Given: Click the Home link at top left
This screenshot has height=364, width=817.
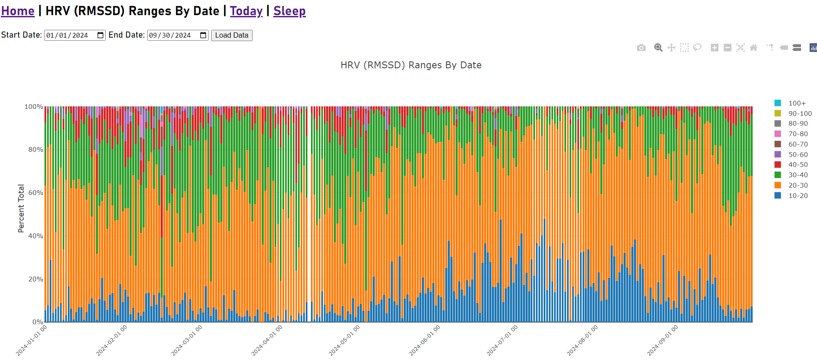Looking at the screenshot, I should click(18, 11).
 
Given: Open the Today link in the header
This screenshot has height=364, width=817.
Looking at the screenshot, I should click(246, 11).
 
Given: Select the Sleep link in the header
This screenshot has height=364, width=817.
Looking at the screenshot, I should click(289, 11).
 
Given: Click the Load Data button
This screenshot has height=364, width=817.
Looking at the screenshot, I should click(231, 35).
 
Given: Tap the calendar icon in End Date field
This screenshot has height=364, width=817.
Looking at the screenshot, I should click(203, 35).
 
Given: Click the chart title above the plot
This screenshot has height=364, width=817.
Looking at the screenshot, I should click(411, 65).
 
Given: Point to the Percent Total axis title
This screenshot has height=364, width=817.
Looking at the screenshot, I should click(21, 208).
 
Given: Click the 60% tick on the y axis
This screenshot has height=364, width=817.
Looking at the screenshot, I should click(36, 193).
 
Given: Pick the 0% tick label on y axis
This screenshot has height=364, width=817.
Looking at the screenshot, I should click(38, 322).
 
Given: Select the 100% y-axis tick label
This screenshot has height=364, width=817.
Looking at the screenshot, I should click(34, 107).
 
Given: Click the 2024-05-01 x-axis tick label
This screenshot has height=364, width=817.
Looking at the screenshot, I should click(344, 341).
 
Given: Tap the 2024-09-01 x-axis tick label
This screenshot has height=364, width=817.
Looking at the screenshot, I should click(662, 341).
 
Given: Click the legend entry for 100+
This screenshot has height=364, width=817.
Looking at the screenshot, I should click(797, 103).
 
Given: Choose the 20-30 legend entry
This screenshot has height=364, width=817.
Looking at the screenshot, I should click(798, 185).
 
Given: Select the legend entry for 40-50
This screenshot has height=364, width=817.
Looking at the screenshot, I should click(798, 165).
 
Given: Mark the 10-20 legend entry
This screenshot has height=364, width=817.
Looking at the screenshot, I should click(798, 196).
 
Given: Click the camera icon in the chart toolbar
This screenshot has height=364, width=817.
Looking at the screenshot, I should click(641, 48).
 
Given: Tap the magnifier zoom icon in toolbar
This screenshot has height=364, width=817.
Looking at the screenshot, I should click(658, 48).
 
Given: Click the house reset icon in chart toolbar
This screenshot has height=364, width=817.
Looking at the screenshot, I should click(754, 48).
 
